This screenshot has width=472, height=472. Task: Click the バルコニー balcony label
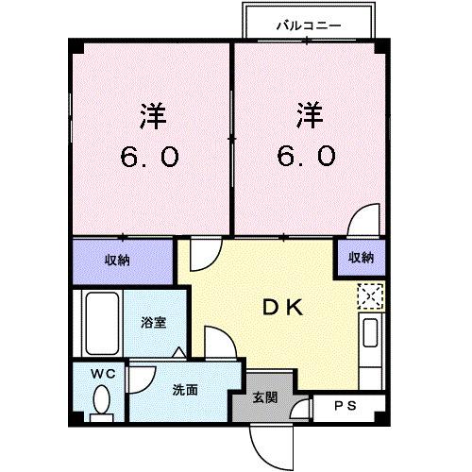[x=309, y=25]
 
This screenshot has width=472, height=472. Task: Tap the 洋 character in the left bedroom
[x=153, y=118]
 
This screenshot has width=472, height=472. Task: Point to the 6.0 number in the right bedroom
[x=306, y=155]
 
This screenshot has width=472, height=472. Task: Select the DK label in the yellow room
[x=281, y=306]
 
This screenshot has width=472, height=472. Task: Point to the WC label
[x=102, y=374]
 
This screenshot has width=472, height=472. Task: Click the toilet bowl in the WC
[x=102, y=404]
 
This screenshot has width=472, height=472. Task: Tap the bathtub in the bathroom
[x=100, y=322]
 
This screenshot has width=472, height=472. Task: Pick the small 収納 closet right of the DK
[x=360, y=257]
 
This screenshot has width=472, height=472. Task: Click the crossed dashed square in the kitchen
[x=369, y=296]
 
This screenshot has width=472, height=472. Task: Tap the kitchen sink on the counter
[x=371, y=335]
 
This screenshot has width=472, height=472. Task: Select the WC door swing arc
[x=140, y=379]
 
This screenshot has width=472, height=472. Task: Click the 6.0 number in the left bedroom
[x=149, y=155]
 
